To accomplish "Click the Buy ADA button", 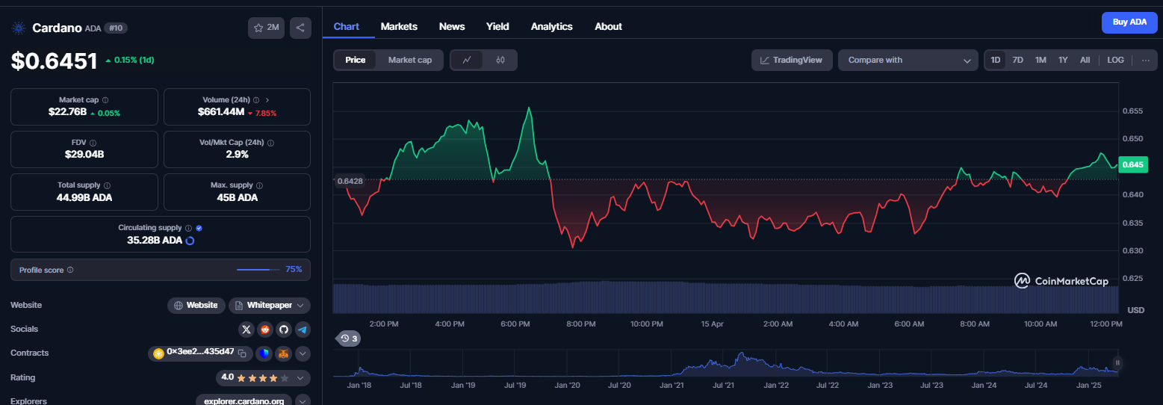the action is pos(1129,22).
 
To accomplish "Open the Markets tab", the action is pos(399,26).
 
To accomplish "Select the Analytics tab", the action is pos(551,26).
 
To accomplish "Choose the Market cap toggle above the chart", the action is pos(409,61).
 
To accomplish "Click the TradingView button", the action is pos(792,61).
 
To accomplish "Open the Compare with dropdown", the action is pos(908,61).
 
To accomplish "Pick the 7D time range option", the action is pos(1017,61).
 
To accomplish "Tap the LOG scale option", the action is pos(1115,61).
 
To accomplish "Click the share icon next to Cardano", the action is pos(300,28).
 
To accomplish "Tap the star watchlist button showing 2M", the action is pos(266,28).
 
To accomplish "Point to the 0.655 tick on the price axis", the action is pos(1132,111).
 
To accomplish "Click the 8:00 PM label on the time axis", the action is pos(581,324).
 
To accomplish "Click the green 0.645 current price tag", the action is pos(1132,164).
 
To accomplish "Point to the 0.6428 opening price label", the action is pos(350,182).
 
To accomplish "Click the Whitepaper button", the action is pos(270,306).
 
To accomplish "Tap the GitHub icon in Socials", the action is pos(284,330).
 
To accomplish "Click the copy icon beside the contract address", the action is pos(242,353).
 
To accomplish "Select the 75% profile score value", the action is pos(294,270).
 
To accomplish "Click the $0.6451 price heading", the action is pos(54,61).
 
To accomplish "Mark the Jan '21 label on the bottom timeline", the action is pos(672,386).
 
